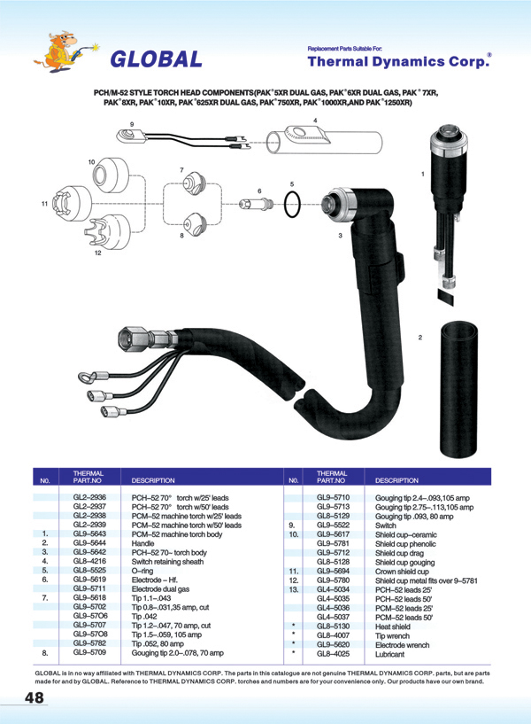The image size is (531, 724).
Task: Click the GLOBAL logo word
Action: click(156, 58)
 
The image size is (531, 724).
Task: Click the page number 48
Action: click(35, 699)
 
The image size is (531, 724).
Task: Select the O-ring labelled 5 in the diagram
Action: click(293, 206)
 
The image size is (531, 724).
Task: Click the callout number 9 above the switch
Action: click(131, 123)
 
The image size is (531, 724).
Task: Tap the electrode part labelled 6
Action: click(253, 204)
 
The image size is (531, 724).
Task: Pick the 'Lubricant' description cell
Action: click(391, 654)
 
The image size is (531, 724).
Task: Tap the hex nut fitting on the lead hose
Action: click(132, 339)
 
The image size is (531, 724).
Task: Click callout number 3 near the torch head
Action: click(340, 237)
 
